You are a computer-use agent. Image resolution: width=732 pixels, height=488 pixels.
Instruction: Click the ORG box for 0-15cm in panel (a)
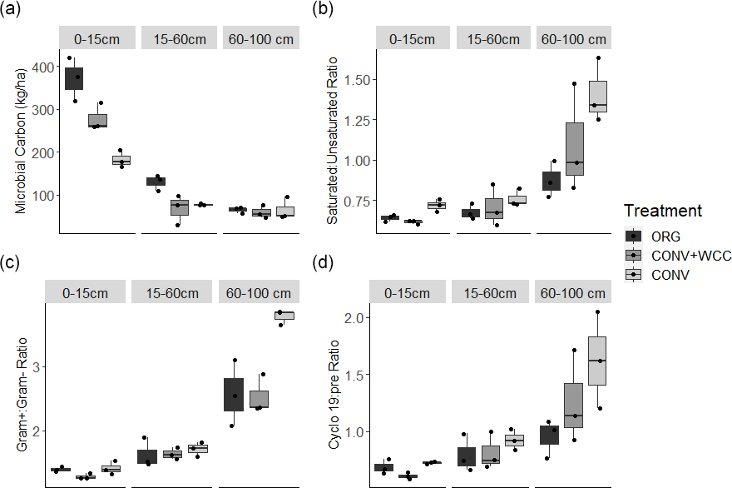74,79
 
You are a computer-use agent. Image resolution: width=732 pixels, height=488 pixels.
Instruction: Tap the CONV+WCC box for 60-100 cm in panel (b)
575,149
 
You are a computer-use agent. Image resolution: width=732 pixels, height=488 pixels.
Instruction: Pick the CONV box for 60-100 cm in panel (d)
597,361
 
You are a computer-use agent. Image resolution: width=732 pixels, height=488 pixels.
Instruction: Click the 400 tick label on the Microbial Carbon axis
38,67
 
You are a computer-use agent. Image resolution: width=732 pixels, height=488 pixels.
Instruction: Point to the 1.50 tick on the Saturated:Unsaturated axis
342,79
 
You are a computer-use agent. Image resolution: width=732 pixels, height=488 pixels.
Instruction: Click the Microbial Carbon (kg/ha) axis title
21,137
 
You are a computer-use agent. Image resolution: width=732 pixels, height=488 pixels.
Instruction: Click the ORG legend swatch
635,236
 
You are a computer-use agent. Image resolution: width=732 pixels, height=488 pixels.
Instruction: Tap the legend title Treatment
663,211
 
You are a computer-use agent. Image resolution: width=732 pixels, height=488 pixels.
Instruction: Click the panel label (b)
322,11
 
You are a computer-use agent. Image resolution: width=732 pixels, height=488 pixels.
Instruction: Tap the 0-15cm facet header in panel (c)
87,293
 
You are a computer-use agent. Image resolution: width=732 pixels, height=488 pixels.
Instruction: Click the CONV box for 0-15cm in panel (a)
121,160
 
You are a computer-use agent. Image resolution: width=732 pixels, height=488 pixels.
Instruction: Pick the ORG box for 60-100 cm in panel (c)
234,394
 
